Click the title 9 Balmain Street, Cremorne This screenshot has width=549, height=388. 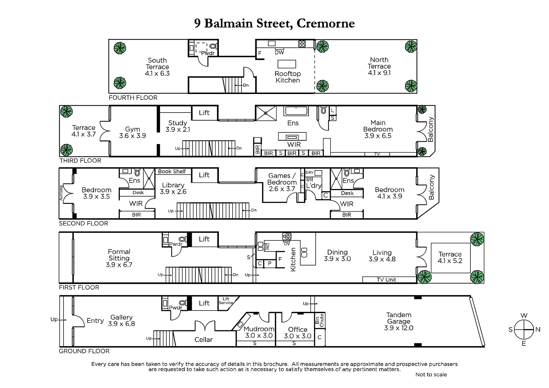point(274,23)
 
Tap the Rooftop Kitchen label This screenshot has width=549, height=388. point(288,77)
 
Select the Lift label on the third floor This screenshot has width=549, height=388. point(204,113)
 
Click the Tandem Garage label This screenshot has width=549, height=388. point(399,318)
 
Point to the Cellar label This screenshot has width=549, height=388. point(203,340)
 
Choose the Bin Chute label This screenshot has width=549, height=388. point(319,320)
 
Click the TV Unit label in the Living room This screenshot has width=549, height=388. point(386,280)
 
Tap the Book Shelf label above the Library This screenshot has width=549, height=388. point(172,172)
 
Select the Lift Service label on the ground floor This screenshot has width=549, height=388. point(226,301)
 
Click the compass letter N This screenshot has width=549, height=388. point(538,330)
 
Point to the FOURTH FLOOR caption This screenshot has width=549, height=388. point(133,98)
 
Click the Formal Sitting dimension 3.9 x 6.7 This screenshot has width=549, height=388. point(119,265)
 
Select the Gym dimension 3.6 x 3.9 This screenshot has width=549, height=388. point(132,136)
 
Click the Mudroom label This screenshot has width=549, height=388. point(259,329)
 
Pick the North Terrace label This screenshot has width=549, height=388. point(379,63)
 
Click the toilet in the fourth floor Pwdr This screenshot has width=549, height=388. point(213,46)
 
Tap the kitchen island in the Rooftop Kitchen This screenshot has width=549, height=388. point(287,64)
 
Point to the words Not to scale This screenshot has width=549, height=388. point(431,375)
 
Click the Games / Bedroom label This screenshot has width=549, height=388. point(282,179)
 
